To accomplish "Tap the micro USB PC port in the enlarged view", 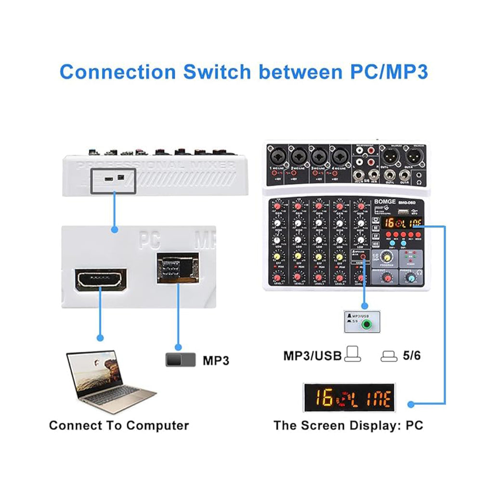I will tap(101, 279).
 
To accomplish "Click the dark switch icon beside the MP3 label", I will tap(181, 360).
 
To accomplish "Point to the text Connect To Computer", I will tap(119, 426).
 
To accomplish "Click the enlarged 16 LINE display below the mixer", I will tap(349, 397).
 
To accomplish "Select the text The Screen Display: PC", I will tap(348, 426).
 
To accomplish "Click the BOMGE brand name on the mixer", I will tap(383, 203).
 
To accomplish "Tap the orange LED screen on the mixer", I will tap(403, 222).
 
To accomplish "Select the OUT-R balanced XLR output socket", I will tap(414, 156).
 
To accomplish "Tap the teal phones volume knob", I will tap(410, 277).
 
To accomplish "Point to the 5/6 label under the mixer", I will tap(411, 356).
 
